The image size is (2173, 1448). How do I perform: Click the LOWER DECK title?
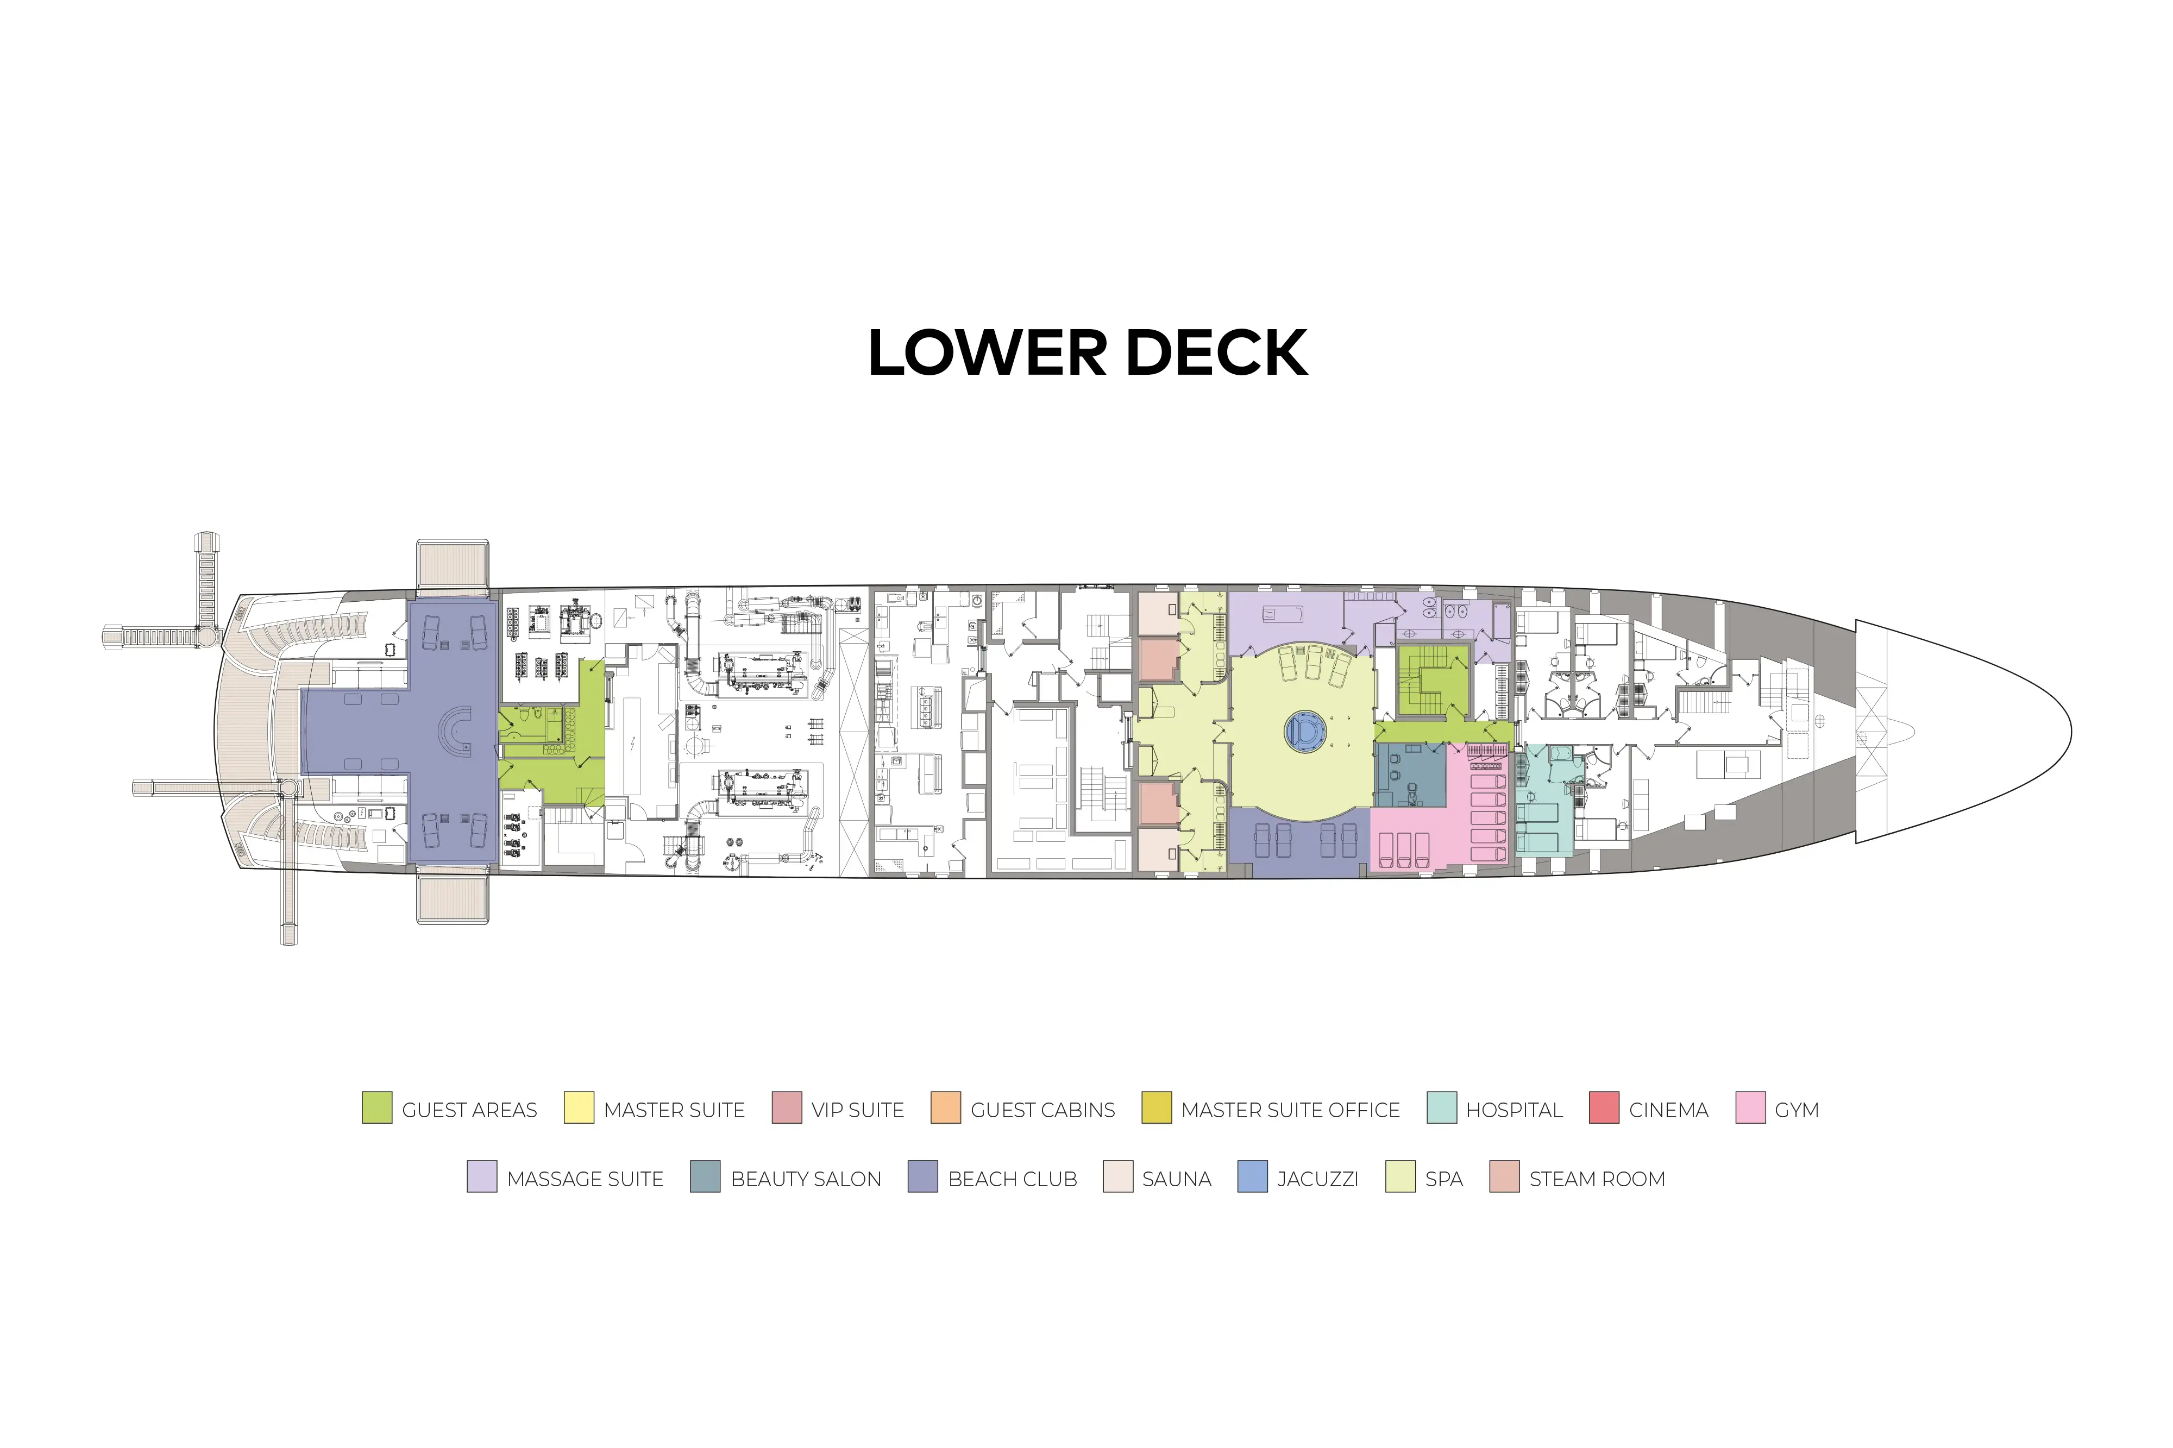tap(1087, 352)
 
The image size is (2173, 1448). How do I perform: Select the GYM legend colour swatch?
tap(1750, 1107)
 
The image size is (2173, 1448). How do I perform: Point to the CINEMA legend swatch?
tap(1604, 1107)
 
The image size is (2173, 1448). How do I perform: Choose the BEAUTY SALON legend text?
tap(805, 1179)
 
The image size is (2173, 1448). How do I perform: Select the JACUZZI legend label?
tap(1317, 1179)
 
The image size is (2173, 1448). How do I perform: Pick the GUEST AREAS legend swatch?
tap(377, 1107)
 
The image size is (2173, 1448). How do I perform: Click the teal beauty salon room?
tap(1410, 775)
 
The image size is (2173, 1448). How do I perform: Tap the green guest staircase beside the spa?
tap(1433, 682)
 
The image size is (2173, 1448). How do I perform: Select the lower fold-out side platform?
tap(453, 898)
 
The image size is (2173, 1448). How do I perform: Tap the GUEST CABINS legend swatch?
tap(946, 1107)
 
